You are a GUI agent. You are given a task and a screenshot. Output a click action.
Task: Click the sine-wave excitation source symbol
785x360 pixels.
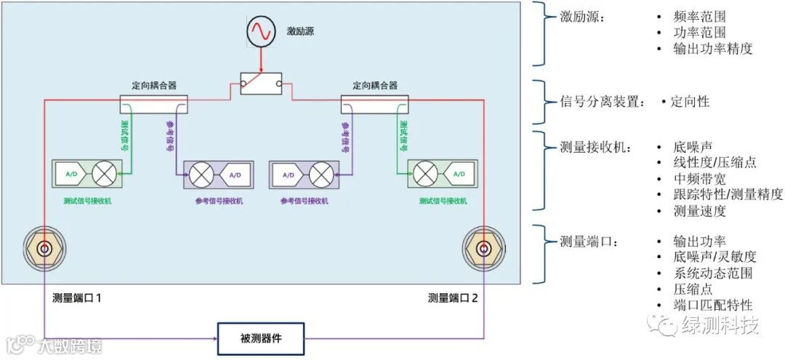tap(259, 31)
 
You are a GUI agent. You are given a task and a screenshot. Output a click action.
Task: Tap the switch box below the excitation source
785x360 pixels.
tap(261, 84)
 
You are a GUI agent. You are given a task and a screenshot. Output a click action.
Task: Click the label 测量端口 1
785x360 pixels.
tap(81, 297)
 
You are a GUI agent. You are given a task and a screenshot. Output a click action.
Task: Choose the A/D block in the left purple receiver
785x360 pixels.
tap(234, 175)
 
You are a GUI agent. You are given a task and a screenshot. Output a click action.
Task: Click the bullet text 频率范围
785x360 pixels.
tap(699, 16)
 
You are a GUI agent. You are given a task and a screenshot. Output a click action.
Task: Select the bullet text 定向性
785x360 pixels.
tap(690, 102)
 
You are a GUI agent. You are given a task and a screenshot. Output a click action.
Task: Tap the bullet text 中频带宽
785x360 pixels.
tap(699, 179)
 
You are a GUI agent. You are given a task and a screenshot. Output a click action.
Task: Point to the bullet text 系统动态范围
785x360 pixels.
tap(713, 273)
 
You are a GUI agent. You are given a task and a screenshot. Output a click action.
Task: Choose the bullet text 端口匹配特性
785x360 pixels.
tap(713, 305)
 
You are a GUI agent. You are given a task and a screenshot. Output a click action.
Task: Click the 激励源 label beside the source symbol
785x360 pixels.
tap(299, 31)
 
